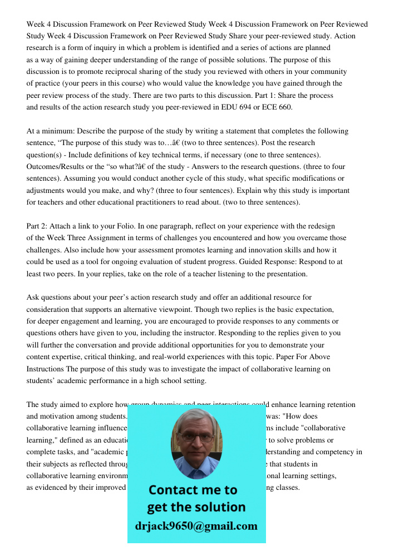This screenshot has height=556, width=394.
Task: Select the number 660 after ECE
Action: pyautogui.click(x=284, y=107)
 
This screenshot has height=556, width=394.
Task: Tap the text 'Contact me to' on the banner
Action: pyautogui.click(x=193, y=490)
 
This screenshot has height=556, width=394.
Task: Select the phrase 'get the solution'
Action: pyautogui.click(x=196, y=508)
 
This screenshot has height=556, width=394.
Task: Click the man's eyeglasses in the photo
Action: pyautogui.click(x=196, y=437)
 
